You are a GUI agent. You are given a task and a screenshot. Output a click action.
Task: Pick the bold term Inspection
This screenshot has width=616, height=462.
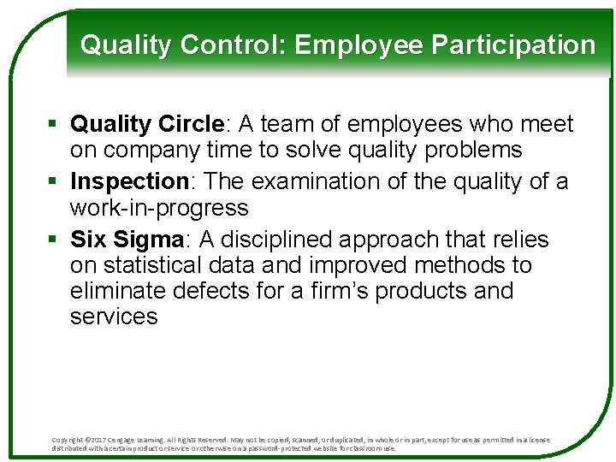tap(129, 182)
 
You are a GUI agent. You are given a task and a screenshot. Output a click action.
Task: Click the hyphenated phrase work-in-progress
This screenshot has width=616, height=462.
tap(159, 208)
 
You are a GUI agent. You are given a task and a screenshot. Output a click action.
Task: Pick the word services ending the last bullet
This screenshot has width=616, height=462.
tap(114, 317)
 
